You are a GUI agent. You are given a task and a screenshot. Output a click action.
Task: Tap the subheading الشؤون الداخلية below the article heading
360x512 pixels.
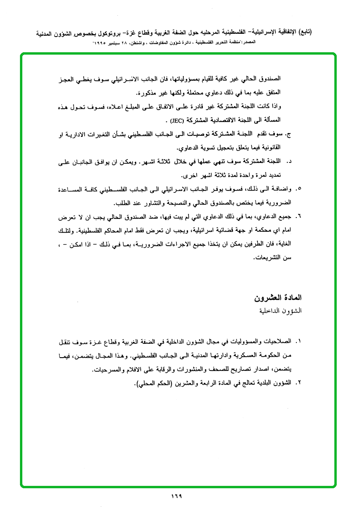(281, 311)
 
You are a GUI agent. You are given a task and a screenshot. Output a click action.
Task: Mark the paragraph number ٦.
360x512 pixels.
(299, 217)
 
